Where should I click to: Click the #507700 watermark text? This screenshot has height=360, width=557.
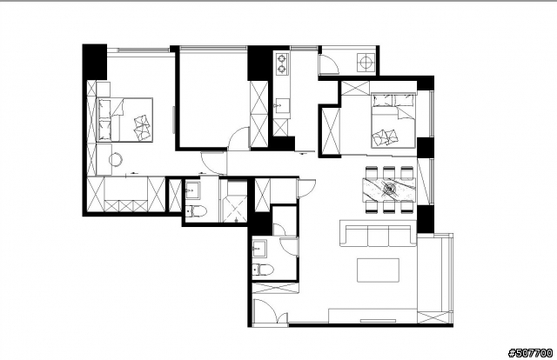(530, 353)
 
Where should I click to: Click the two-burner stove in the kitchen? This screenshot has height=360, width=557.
(282, 63)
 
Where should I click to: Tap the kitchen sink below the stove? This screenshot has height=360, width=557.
(281, 105)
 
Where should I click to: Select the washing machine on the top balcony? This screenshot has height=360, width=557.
(366, 63)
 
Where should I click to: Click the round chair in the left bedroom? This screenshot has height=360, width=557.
(116, 159)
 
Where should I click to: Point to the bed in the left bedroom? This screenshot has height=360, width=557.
(124, 120)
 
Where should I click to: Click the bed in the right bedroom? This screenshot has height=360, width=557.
(393, 121)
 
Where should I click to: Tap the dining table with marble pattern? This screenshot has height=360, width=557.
(389, 189)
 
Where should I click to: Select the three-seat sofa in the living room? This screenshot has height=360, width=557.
(379, 233)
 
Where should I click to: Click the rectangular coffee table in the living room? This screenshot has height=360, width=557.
(378, 270)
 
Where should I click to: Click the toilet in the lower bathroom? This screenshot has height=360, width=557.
(263, 270)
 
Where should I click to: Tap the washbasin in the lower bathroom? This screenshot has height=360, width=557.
(259, 248)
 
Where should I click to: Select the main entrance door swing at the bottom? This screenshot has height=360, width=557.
(272, 311)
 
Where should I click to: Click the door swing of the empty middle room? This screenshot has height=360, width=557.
(238, 137)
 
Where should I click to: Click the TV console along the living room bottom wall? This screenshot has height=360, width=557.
(373, 316)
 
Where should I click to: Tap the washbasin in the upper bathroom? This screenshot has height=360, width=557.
(192, 191)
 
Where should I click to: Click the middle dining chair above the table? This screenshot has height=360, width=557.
(389, 172)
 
